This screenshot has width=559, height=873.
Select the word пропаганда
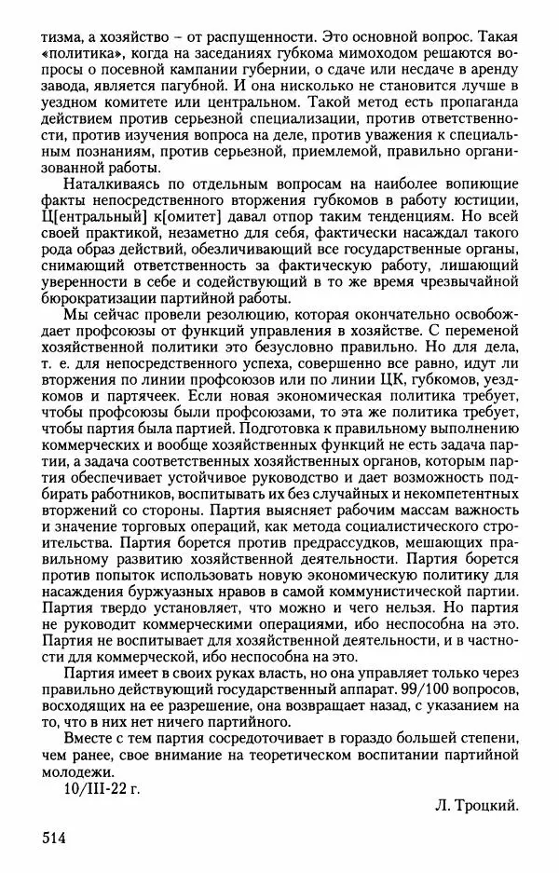(x=477, y=108)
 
